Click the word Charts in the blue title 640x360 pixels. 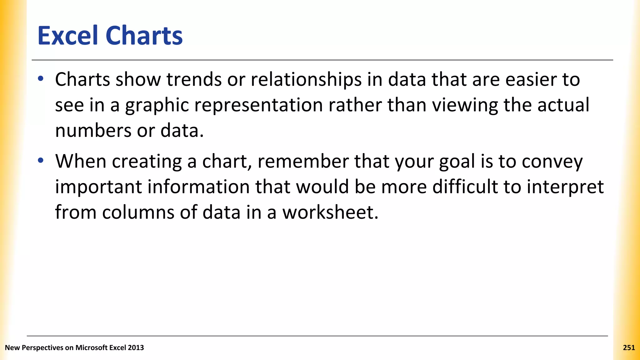pyautogui.click(x=144, y=36)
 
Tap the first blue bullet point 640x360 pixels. pyautogui.click(x=41, y=79)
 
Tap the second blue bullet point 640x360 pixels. pyautogui.click(x=41, y=161)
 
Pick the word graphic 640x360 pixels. pyautogui.click(x=157, y=106)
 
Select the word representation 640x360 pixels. pyautogui.click(x=258, y=106)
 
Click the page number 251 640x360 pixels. pyautogui.click(x=629, y=347)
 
